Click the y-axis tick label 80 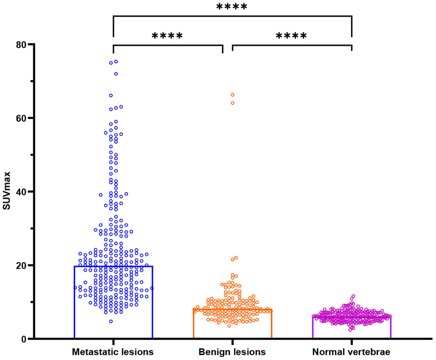[19, 45]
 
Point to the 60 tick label [19, 118]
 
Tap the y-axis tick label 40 [19, 192]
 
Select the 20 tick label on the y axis [19, 266]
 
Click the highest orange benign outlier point [233, 95]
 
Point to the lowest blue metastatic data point [111, 321]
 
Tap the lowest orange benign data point [229, 326]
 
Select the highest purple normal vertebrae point [353, 296]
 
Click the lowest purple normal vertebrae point [350, 330]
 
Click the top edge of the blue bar [113, 266]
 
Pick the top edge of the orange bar [232, 309]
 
